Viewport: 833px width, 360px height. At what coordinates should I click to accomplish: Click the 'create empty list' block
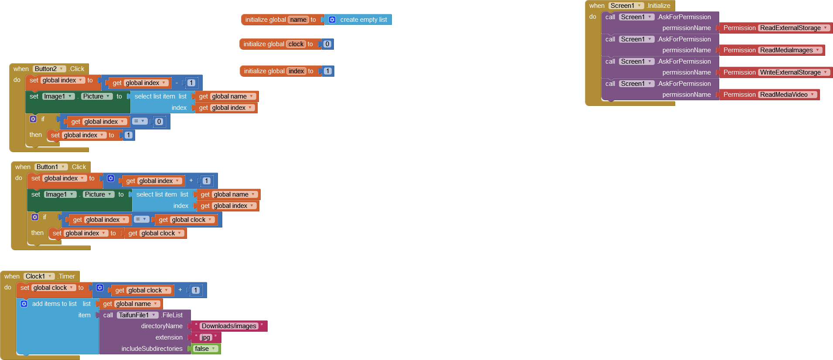(363, 20)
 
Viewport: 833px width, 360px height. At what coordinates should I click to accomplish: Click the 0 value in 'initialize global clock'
(327, 44)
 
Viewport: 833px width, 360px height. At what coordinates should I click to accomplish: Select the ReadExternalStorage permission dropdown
(793, 28)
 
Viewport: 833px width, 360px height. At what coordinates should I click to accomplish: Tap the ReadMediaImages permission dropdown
(789, 50)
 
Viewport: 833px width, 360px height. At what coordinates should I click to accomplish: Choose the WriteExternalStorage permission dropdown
(793, 72)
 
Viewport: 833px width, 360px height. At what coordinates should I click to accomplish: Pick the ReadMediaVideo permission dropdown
(787, 95)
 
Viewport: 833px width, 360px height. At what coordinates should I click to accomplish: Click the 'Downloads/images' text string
(229, 326)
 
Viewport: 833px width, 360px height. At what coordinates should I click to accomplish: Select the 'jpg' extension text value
(205, 337)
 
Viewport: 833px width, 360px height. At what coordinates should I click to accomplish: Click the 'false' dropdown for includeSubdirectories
(205, 349)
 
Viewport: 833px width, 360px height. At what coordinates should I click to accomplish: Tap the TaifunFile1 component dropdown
(137, 315)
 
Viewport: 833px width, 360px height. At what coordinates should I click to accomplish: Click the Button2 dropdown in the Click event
(49, 69)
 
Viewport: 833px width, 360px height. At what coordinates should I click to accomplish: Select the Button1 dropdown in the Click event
(51, 167)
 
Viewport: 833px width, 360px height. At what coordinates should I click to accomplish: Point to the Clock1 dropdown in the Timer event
(39, 276)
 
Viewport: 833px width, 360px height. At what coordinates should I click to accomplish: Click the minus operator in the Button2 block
(177, 82)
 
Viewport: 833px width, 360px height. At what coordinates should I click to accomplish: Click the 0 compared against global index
(159, 122)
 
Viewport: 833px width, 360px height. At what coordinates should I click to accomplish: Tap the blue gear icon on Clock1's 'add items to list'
(24, 304)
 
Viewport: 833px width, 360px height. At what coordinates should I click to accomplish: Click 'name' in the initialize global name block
(298, 20)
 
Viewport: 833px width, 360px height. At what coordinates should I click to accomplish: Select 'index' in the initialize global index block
(296, 71)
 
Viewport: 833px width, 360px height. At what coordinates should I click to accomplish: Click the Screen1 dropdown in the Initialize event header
(626, 6)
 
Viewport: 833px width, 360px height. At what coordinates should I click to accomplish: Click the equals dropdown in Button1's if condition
(140, 219)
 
